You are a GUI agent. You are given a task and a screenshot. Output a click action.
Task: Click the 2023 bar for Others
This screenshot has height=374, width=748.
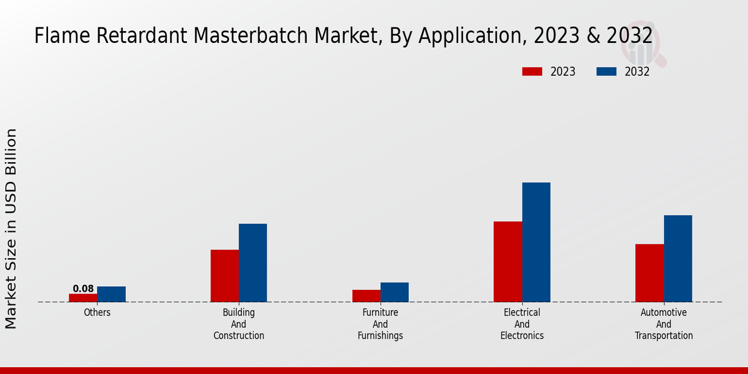[83, 298]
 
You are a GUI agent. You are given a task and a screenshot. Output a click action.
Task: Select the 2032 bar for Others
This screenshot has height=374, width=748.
[112, 294]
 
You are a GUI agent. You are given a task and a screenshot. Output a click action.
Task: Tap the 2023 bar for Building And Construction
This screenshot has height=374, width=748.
[224, 276]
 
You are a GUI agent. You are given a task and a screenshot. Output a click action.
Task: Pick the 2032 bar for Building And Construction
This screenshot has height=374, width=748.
[253, 262]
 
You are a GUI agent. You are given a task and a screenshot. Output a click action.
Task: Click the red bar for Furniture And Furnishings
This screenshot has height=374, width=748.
[366, 295]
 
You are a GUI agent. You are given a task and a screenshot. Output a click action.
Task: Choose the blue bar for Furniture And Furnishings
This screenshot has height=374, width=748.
[395, 292]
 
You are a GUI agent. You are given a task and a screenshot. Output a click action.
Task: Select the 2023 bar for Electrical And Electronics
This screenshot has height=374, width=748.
[507, 261]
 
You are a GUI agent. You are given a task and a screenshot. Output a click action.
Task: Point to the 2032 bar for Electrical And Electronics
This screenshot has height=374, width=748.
[536, 242]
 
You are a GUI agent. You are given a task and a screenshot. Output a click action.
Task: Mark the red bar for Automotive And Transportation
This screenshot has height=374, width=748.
[649, 272]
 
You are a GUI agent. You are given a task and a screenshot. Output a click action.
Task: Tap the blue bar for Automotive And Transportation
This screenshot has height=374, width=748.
[678, 258]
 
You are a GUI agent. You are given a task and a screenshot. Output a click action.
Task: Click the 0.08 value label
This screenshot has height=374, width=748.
[83, 289]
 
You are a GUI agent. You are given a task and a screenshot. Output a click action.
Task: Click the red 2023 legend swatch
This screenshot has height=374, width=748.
[532, 72]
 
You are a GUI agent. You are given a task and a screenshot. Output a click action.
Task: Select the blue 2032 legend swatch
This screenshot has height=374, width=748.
[606, 72]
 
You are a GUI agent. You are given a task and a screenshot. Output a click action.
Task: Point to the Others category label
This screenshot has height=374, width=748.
[97, 312]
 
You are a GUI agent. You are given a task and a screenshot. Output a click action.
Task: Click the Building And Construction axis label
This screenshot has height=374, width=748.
[239, 324]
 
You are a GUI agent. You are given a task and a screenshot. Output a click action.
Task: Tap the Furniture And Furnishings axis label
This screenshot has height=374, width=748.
[380, 324]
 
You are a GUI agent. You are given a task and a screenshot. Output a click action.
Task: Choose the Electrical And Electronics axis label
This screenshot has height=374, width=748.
[522, 324]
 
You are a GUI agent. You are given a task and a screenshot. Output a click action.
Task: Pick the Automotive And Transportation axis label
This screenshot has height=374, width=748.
[663, 324]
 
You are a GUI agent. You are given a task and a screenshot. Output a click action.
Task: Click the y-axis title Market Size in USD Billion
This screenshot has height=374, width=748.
[11, 228]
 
